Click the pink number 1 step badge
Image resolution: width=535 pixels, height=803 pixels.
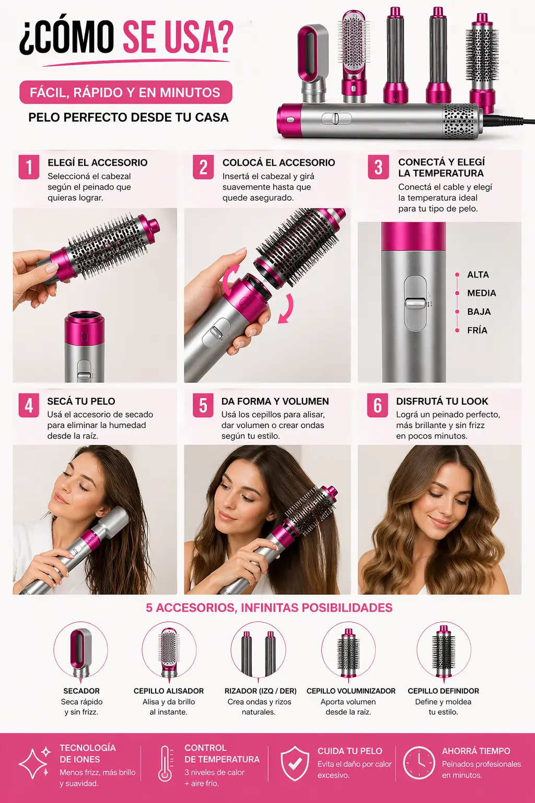(29, 167)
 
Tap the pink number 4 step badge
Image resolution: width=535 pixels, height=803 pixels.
(29, 406)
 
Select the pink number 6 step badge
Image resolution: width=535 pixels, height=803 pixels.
(377, 406)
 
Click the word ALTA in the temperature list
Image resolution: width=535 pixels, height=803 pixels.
(478, 274)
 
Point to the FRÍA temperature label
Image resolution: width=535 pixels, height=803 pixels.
(477, 330)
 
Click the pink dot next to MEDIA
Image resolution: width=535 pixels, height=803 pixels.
(457, 293)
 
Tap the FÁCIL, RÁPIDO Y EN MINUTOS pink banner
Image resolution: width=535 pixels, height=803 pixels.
(126, 93)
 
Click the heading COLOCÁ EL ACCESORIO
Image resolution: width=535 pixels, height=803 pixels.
(278, 163)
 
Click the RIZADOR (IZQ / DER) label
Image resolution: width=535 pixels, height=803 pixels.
(261, 691)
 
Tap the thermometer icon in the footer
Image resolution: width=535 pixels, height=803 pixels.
(165, 764)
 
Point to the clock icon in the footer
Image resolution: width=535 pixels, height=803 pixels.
(418, 763)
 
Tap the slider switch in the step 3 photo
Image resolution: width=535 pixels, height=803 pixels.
(416, 303)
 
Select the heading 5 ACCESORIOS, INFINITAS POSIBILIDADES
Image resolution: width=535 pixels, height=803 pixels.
(269, 607)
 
